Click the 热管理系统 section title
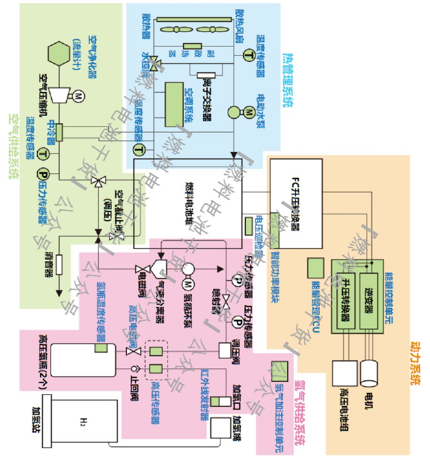pyautogui.click(x=286, y=80)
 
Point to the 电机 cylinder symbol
pyautogui.click(x=370, y=373)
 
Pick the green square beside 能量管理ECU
pyautogui.click(x=317, y=268)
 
